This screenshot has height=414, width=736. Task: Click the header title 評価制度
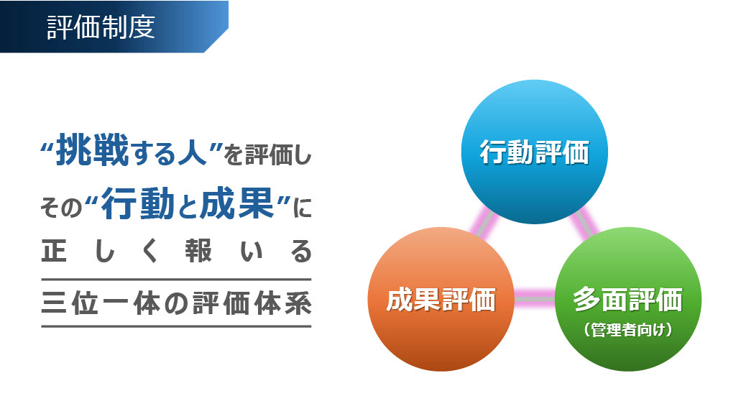[x=101, y=27]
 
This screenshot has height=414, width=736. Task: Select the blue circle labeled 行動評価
[x=534, y=152]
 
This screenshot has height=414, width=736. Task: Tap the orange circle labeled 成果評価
[x=441, y=299]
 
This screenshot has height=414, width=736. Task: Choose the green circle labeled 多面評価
[x=628, y=299]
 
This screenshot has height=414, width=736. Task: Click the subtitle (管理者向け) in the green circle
[x=628, y=329]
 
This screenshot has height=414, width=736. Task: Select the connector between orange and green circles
[x=535, y=299]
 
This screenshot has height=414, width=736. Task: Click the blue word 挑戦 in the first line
[x=93, y=149]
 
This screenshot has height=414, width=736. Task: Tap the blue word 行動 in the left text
[x=138, y=203]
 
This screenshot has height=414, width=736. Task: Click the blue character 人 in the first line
[x=192, y=151]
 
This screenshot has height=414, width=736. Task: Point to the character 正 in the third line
[x=53, y=251]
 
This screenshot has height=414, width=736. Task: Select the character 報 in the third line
[x=198, y=251]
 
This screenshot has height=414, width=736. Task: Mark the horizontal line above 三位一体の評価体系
[x=177, y=280]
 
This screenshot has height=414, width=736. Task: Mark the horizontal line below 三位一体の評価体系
[x=177, y=326]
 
